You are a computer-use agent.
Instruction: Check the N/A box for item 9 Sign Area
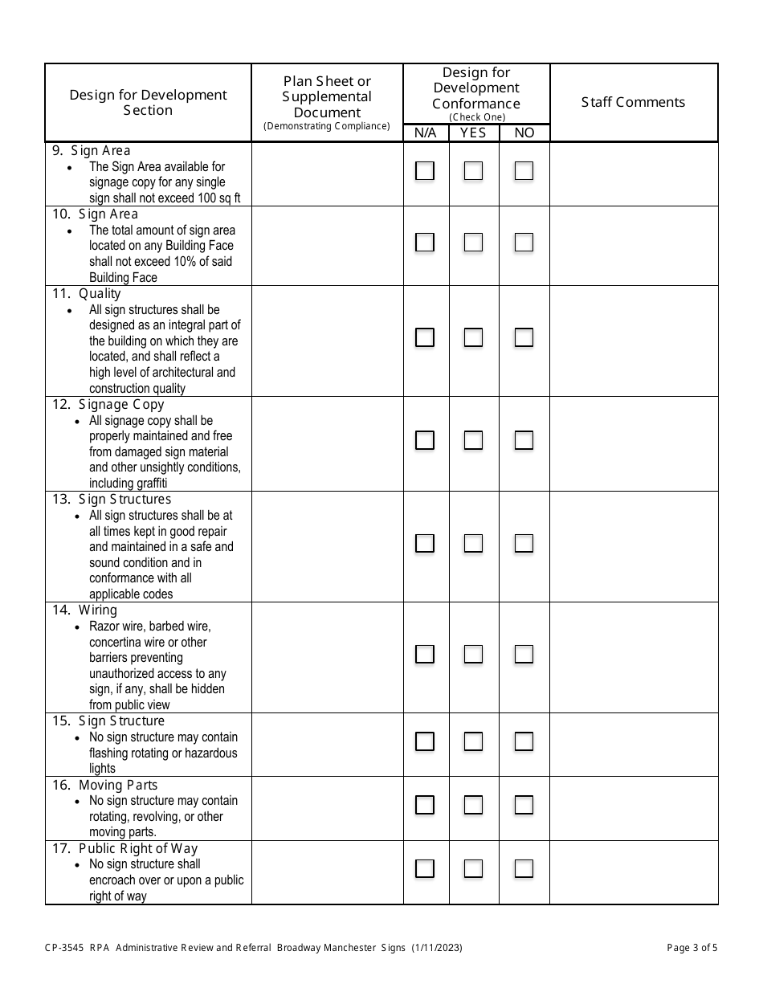click(x=425, y=171)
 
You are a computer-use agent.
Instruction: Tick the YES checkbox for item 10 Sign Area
click(x=473, y=243)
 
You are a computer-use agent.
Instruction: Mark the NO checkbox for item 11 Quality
click(x=524, y=337)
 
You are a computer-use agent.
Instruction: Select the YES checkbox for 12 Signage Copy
click(x=473, y=440)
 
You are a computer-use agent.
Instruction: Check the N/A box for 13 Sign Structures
click(x=425, y=544)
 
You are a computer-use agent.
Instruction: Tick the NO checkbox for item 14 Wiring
click(x=524, y=655)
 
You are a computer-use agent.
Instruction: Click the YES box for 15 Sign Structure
click(x=473, y=741)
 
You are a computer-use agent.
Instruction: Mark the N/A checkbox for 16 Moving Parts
click(x=425, y=805)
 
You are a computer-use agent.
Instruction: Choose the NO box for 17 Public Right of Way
click(x=524, y=868)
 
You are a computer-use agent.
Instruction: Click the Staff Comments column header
click(x=633, y=102)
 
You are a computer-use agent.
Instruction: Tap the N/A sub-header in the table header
click(x=426, y=133)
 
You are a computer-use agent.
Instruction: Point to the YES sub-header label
click(x=473, y=133)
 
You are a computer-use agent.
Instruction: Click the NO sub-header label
click(x=524, y=133)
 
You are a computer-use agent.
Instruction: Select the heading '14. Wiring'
click(x=85, y=610)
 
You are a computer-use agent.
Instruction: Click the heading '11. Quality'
click(x=87, y=294)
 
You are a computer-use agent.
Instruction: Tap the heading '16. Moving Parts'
click(x=105, y=785)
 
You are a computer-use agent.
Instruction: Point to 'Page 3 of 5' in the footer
click(x=692, y=948)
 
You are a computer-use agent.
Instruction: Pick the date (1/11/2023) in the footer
click(x=437, y=948)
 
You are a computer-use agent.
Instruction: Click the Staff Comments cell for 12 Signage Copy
click(x=634, y=443)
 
